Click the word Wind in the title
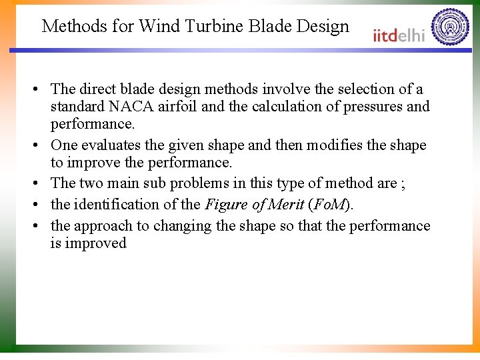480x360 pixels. (157, 26)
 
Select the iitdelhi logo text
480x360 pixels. (399, 35)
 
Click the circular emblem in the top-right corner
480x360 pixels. (450, 27)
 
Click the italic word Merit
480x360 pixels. (286, 205)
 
